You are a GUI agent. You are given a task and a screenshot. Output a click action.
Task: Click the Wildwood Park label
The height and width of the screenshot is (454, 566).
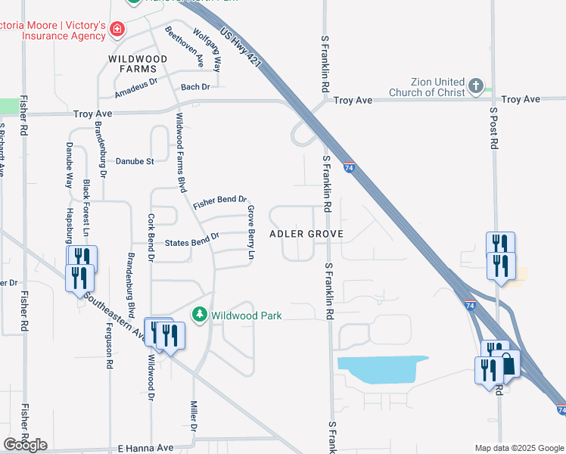(247, 314)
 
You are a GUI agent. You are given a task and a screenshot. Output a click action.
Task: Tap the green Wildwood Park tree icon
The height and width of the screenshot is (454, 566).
(200, 313)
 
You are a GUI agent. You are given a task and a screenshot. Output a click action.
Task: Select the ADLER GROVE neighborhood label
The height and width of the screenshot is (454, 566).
(306, 234)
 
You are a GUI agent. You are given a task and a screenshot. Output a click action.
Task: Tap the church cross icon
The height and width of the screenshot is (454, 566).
(475, 85)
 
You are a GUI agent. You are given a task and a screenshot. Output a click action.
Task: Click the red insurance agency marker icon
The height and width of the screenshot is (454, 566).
(117, 30)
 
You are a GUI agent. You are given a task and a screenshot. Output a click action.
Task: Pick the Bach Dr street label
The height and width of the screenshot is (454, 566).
(195, 87)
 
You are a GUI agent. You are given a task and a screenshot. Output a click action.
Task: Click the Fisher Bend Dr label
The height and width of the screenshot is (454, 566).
(220, 203)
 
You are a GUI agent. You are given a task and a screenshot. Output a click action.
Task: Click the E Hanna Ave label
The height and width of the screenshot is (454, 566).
(146, 448)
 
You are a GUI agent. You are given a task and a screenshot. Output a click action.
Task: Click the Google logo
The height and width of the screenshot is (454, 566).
(25, 444)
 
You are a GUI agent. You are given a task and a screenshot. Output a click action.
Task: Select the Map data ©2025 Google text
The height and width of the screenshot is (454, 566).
(518, 448)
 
